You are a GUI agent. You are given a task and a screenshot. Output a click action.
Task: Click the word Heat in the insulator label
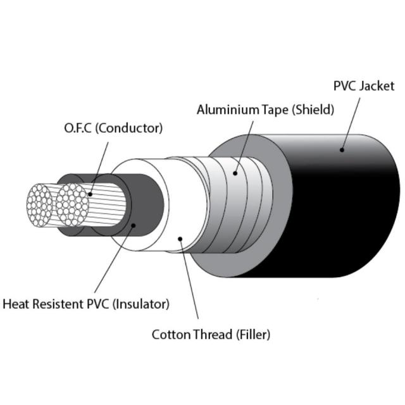(x=16, y=304)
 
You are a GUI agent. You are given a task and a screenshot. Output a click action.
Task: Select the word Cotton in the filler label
(x=170, y=334)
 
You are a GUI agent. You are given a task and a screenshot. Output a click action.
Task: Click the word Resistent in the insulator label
(x=57, y=304)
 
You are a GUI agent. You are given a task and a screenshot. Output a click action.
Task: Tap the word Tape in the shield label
(x=270, y=109)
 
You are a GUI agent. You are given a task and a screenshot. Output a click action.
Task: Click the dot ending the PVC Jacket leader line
(x=342, y=150)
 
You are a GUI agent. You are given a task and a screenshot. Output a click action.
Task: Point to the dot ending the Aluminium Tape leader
(x=235, y=172)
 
